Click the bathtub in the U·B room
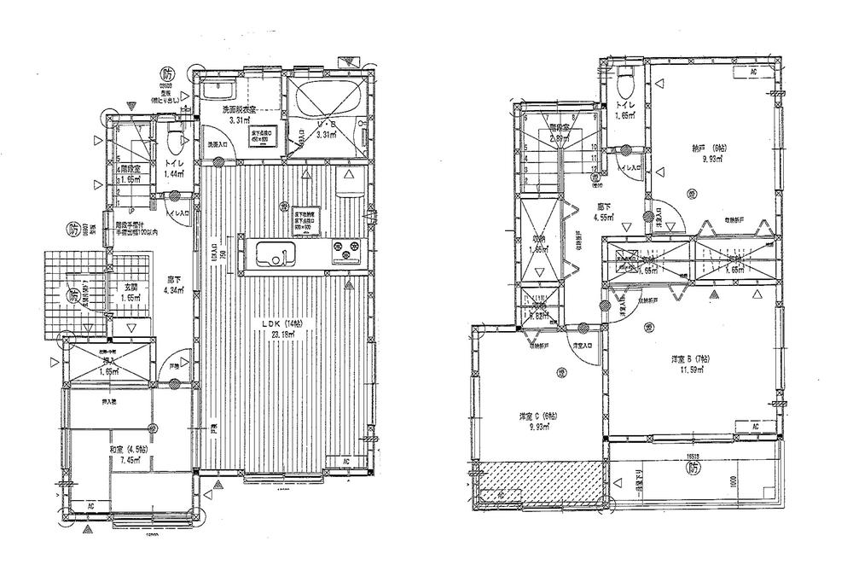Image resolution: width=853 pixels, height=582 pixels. coord(327,96)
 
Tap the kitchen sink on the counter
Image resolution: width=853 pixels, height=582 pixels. coord(273,252)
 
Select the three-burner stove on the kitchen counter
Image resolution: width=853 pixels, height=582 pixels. coord(347,253)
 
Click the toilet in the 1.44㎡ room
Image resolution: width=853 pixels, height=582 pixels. coord(174,138)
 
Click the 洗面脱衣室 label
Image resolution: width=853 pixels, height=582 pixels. coord(240,110)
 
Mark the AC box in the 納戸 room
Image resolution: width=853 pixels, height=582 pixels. coord(753,73)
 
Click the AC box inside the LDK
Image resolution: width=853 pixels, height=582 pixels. coord(345,462)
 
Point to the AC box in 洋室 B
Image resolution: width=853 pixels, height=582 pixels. coord(754,425)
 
